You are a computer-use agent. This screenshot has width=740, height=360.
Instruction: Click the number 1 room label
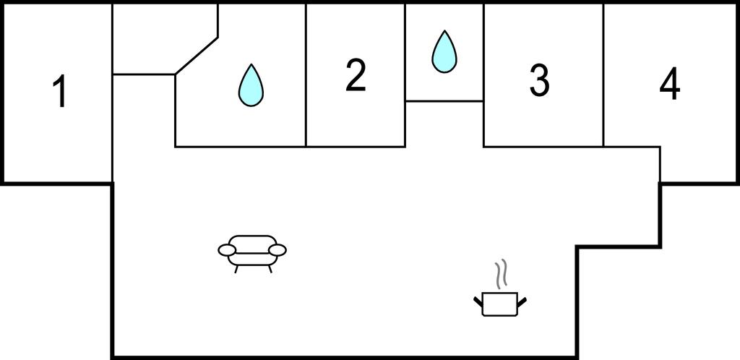tap(61, 93)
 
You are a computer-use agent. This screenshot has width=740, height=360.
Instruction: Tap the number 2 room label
tap(355, 76)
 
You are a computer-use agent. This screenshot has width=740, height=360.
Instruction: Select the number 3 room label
tap(539, 80)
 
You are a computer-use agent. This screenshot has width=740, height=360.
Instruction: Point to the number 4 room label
tap(670, 86)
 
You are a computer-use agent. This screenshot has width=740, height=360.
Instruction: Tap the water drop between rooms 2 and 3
tap(444, 51)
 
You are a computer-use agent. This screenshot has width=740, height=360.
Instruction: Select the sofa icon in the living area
tap(252, 249)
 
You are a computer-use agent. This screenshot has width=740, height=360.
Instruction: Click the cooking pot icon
tap(499, 302)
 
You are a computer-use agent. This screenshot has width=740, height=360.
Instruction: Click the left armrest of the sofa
tap(227, 250)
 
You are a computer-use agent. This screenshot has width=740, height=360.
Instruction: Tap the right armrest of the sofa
tap(277, 250)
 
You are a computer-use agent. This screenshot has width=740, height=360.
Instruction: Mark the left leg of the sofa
tap(237, 268)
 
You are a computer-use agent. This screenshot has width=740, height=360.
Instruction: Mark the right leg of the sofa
tap(270, 268)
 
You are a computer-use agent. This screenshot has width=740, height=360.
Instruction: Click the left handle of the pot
tap(478, 299)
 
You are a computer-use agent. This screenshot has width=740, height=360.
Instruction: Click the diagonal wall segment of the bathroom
tap(197, 55)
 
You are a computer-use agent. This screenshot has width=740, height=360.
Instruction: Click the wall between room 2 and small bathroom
tap(405, 72)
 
